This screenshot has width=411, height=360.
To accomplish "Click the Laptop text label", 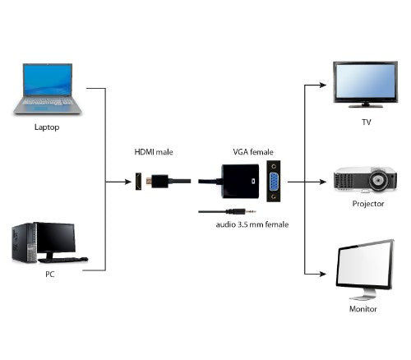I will pos(47,128).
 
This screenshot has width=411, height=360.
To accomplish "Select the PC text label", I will pos(50,275).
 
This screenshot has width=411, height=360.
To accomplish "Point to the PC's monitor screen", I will pos(54,237).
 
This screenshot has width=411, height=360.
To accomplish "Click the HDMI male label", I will pos(154,152).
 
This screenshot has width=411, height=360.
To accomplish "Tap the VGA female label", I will pos(252,152).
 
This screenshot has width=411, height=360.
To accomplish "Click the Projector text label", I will pos(367,203).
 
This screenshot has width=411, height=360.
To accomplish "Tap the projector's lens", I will pos(380,178).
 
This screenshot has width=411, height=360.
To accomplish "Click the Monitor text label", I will pos(363,309).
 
